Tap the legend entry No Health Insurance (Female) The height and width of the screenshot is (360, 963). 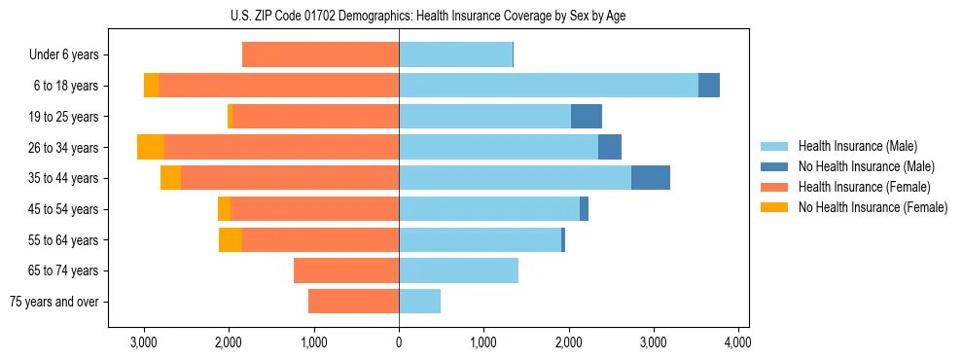click(873, 207)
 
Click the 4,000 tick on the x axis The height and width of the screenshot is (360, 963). click(737, 342)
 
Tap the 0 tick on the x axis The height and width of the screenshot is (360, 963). click(399, 342)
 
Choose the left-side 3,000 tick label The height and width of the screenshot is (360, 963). click(144, 342)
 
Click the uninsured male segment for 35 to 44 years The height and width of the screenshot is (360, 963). click(651, 178)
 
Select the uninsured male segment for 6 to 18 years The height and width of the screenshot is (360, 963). click(709, 86)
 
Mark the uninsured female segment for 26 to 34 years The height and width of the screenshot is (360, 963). click(151, 147)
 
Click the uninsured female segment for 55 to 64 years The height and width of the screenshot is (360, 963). click(231, 239)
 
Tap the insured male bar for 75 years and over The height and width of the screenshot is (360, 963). click(419, 302)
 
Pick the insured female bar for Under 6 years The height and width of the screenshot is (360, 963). click(320, 55)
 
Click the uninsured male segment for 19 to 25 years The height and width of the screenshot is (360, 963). click(587, 117)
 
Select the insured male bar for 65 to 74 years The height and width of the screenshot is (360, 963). click(458, 270)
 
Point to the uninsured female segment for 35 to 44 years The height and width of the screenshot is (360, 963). click(170, 178)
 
